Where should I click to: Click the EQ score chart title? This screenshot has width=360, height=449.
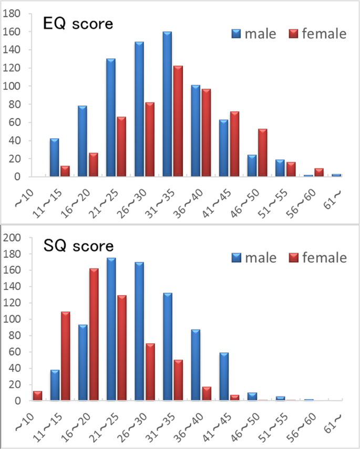[78, 24]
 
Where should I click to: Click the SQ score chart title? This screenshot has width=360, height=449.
[78, 245]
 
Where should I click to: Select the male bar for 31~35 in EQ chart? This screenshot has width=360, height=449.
[167, 105]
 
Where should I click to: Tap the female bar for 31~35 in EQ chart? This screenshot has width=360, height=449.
[178, 121]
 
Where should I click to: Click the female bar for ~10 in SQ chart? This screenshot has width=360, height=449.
[37, 395]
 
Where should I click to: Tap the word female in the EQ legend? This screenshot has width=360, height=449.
[324, 34]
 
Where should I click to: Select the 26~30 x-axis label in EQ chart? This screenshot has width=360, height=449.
[140, 200]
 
